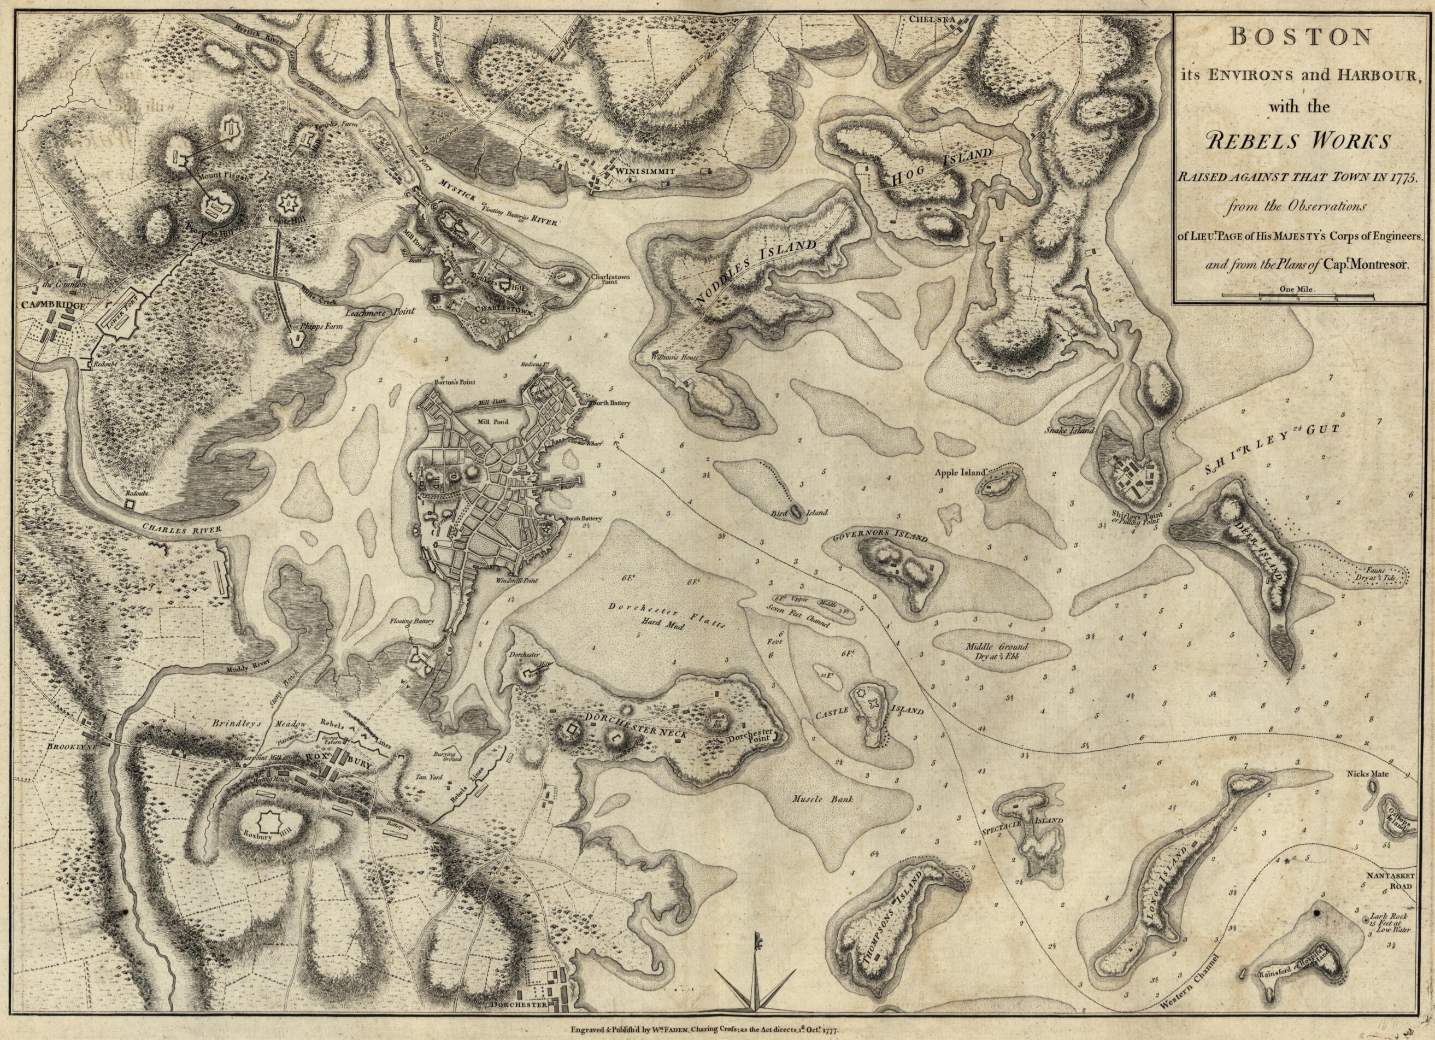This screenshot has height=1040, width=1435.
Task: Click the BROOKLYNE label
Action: [x=69, y=747]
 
